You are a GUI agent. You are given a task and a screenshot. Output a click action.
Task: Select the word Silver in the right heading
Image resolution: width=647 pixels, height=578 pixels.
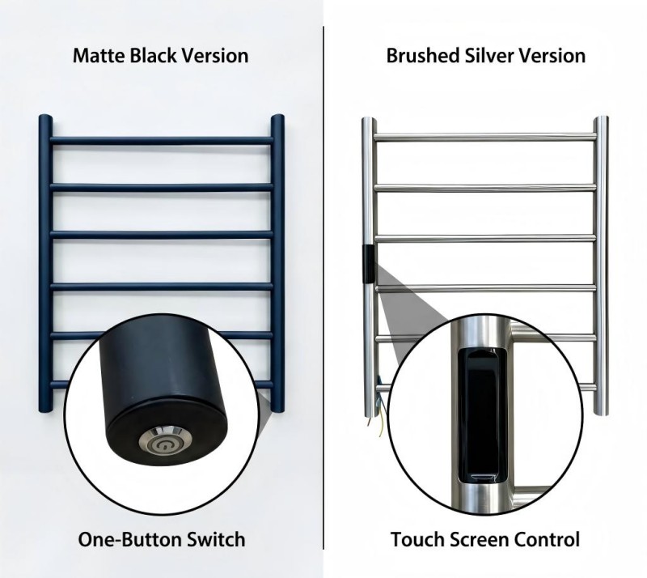[489, 56]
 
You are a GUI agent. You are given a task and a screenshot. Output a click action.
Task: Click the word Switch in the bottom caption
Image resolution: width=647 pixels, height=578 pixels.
[216, 540]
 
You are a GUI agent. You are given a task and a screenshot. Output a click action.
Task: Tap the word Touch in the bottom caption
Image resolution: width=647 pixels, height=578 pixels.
[417, 540]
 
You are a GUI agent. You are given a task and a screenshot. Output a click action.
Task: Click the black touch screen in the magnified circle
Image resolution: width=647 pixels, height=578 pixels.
[481, 415]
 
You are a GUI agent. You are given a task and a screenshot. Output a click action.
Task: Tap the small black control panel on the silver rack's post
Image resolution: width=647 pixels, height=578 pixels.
[368, 265]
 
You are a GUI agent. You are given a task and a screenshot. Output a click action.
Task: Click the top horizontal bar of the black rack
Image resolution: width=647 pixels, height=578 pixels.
[161, 141]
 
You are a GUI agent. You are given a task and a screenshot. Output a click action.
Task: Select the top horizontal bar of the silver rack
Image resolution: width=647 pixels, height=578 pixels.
[485, 137]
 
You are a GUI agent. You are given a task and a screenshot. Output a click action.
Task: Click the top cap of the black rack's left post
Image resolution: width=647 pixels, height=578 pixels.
[46, 117]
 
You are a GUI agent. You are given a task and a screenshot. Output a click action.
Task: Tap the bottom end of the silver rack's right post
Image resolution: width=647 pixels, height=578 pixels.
[601, 412]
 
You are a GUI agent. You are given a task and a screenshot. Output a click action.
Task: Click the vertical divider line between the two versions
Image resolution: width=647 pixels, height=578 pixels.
[323, 288]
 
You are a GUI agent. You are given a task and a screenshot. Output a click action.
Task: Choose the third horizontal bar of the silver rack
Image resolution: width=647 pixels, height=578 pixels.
[485, 238]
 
